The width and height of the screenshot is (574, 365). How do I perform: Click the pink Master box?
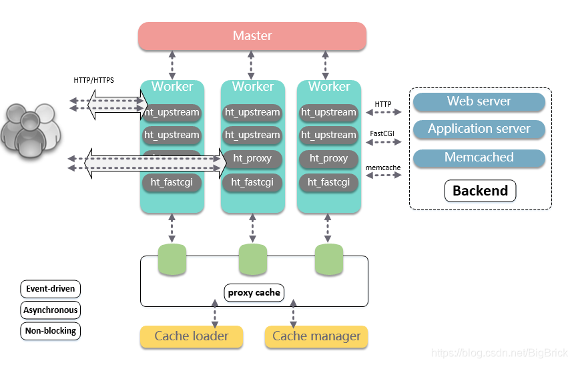click(x=252, y=36)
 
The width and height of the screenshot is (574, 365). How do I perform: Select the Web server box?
click(x=479, y=102)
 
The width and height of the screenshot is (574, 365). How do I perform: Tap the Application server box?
click(x=479, y=129)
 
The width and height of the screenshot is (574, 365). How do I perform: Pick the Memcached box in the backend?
click(x=479, y=158)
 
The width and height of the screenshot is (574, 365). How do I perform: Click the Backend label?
click(x=480, y=191)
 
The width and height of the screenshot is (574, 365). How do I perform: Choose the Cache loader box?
click(x=191, y=336)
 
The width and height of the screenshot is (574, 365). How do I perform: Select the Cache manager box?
click(x=316, y=336)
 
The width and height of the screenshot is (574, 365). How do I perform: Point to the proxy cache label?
click(x=254, y=292)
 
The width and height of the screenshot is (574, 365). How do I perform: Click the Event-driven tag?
click(x=50, y=289)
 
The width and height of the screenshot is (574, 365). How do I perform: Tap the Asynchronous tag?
click(x=50, y=310)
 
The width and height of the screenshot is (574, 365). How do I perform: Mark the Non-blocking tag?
click(x=50, y=330)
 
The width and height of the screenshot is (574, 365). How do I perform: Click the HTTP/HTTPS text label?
click(x=93, y=80)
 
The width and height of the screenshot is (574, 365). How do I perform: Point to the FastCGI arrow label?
click(x=383, y=133)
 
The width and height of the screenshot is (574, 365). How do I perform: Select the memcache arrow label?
click(x=383, y=167)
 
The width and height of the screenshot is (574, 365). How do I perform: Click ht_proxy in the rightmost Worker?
click(x=328, y=159)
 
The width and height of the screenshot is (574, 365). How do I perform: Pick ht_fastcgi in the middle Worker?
click(x=252, y=182)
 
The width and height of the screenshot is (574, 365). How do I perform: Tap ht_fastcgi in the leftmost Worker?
click(x=172, y=182)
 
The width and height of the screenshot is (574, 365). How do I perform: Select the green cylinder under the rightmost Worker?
click(x=328, y=259)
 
